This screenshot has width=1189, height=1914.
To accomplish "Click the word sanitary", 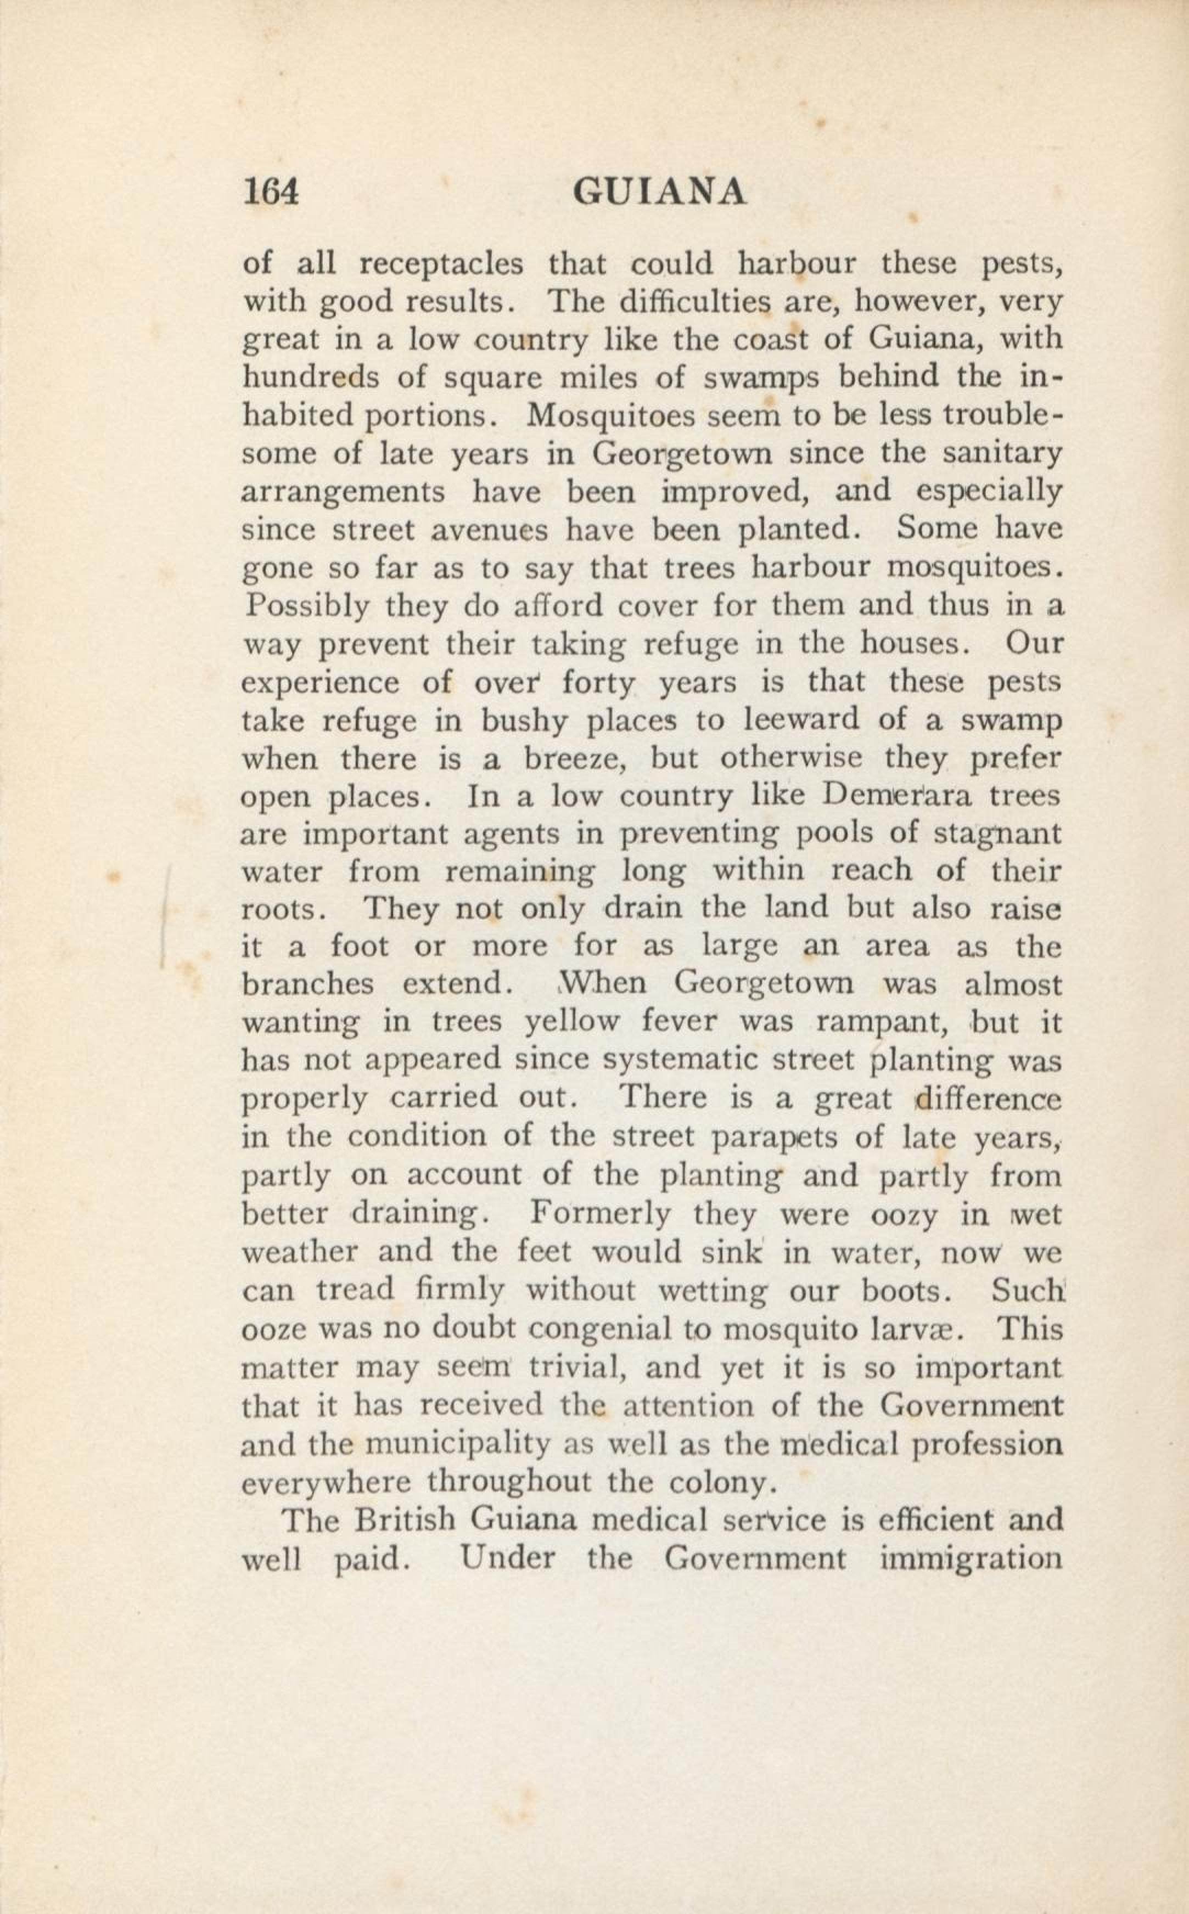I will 1002,454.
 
